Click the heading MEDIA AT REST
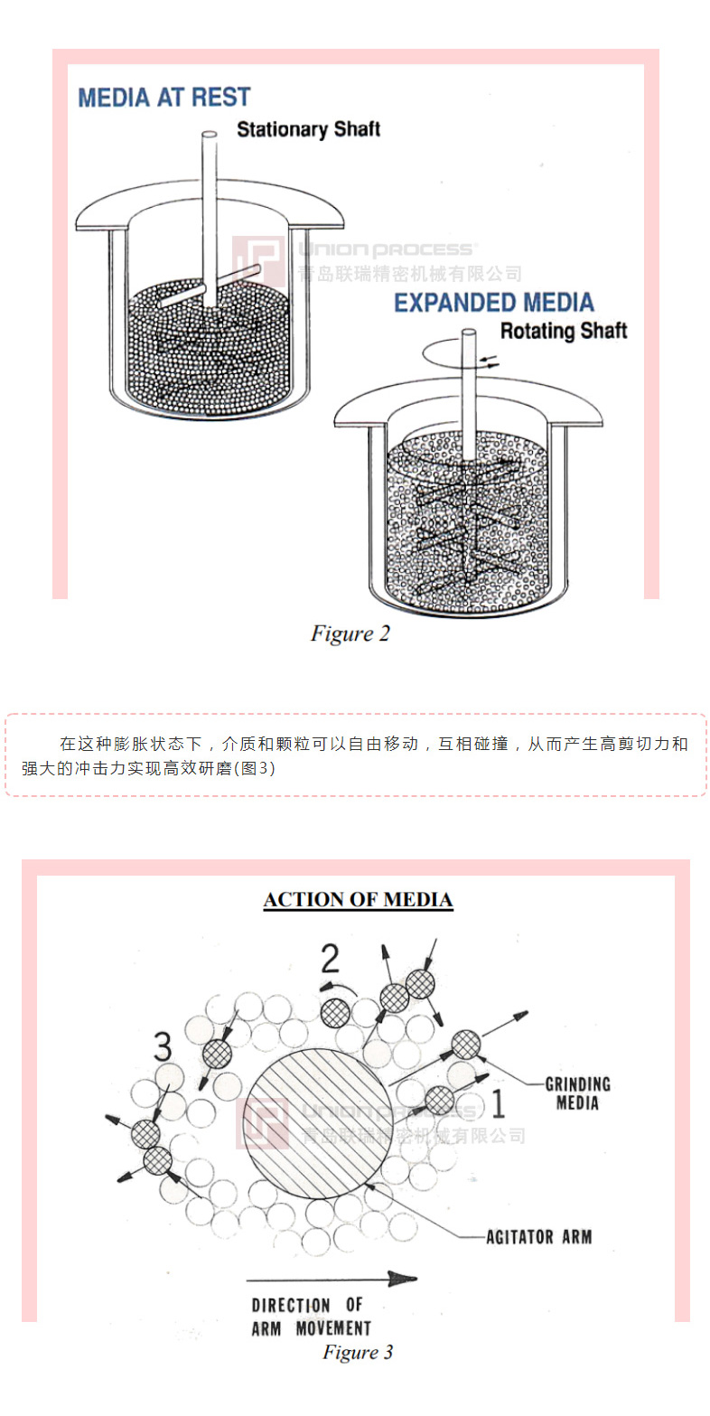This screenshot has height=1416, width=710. click(x=163, y=98)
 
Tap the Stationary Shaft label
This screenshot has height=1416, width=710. click(x=308, y=129)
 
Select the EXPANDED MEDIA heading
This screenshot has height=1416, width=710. click(x=493, y=303)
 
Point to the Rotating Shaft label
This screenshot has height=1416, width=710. click(x=563, y=331)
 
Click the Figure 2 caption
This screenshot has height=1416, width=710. click(x=350, y=633)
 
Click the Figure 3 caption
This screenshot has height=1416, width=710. click(x=358, y=1352)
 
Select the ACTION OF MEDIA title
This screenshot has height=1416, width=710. click(x=358, y=900)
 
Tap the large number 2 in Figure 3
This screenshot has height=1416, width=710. click(x=331, y=958)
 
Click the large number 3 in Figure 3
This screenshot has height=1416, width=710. click(x=163, y=1047)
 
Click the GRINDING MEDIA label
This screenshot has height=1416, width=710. click(x=577, y=1093)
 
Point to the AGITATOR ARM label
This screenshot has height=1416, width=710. click(x=539, y=1236)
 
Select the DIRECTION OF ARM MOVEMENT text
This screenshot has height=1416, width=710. click(x=311, y=1318)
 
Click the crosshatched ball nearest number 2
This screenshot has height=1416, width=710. click(x=335, y=1012)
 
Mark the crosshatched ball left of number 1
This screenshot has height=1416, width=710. click(x=439, y=1101)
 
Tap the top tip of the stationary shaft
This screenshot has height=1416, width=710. click(x=209, y=136)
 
